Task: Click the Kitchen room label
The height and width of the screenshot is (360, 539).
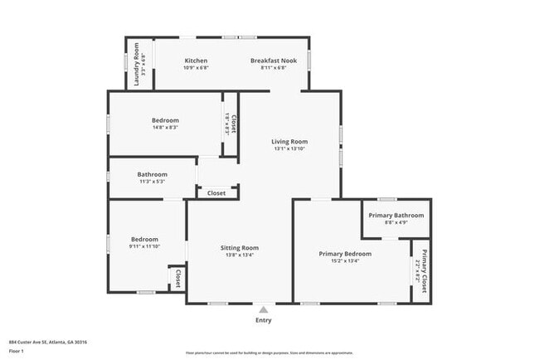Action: tap(196, 61)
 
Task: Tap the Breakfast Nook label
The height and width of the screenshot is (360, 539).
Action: tap(274, 61)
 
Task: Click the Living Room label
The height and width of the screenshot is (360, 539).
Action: tap(289, 141)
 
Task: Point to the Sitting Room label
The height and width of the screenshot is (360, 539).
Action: tap(239, 247)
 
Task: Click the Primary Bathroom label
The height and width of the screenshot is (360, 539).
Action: tap(396, 215)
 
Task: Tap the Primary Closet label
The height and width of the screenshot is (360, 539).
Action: tap(425, 270)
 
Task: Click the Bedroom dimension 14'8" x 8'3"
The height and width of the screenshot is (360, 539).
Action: tap(164, 127)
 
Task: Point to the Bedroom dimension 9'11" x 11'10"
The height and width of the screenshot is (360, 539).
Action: tap(143, 246)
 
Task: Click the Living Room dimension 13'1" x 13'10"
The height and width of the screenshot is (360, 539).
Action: tap(289, 148)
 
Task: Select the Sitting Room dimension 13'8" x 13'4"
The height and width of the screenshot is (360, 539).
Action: tap(239, 255)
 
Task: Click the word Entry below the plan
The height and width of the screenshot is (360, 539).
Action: tap(263, 320)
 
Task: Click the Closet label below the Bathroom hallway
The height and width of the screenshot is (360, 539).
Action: tap(216, 193)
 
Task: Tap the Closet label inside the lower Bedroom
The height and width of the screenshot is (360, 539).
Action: tap(177, 278)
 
